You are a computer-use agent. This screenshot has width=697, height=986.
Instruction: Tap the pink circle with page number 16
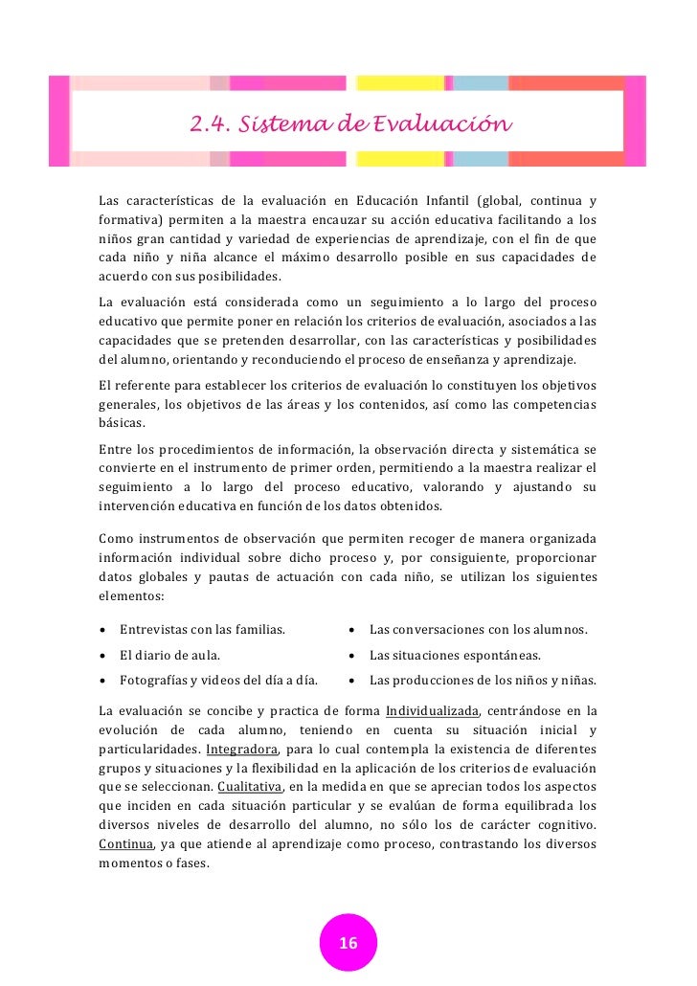(348, 943)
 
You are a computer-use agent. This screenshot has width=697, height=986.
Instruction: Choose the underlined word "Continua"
(125, 844)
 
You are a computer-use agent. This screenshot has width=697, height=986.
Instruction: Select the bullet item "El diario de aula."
(169, 656)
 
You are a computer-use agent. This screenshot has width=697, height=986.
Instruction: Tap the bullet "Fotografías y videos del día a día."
(218, 681)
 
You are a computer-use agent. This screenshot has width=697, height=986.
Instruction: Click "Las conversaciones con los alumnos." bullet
(478, 629)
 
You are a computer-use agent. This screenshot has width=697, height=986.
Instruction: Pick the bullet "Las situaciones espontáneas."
(455, 656)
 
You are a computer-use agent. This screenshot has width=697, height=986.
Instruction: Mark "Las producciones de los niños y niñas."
(483, 681)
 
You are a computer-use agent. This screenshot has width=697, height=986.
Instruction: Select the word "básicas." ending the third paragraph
(123, 422)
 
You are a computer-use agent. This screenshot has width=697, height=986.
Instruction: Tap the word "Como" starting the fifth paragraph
(117, 538)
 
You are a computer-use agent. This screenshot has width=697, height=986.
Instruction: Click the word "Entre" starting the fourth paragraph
(116, 450)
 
